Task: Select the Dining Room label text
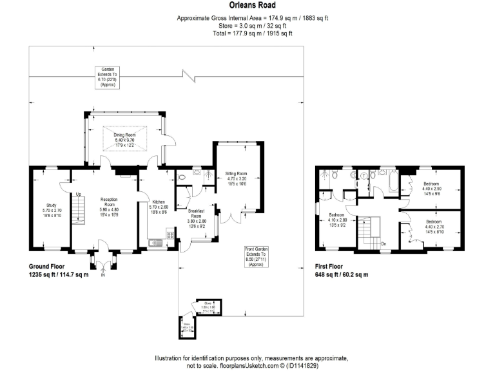125,138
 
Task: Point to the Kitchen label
158,206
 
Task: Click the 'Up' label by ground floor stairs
79,194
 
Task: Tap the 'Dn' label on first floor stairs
383,243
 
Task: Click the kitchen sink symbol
156,242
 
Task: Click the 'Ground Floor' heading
51,266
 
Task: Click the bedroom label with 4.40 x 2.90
432,188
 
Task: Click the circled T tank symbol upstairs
364,175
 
